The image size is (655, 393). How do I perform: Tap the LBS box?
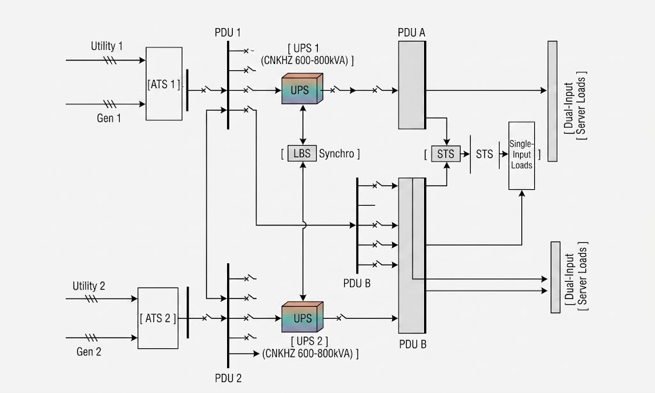click(302, 153)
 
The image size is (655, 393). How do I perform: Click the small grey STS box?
click(446, 154)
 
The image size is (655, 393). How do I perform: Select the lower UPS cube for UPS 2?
click(302, 317)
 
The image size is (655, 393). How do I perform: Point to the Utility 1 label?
click(107, 46)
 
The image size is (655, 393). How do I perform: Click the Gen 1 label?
click(109, 118)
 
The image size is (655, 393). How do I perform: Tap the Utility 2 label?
click(89, 286)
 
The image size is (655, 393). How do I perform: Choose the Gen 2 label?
click(88, 351)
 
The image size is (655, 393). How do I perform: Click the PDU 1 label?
click(228, 33)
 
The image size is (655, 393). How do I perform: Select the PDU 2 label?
click(228, 378)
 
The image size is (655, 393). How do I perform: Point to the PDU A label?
click(411, 33)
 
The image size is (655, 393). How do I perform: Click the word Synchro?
click(336, 153)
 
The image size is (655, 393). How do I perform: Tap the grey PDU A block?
click(412, 85)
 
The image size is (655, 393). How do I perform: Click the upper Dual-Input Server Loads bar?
click(552, 101)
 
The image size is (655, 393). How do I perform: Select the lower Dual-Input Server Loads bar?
click(555, 277)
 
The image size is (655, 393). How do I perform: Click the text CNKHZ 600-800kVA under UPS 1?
click(304, 61)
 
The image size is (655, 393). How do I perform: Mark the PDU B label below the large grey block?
click(413, 344)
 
